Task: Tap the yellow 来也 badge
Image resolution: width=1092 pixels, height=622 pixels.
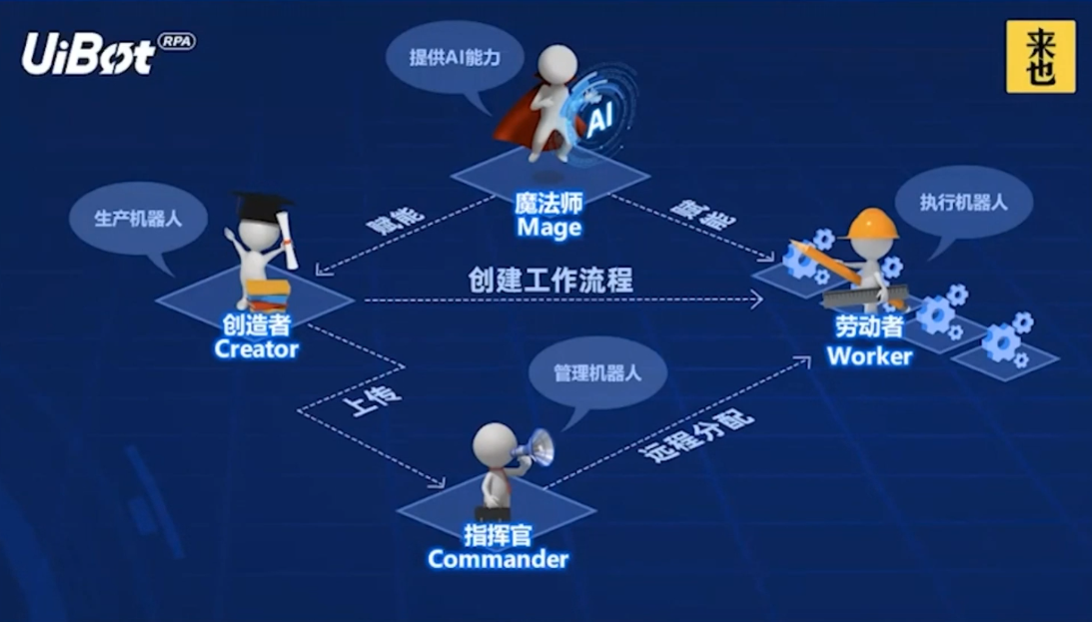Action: (x=1040, y=57)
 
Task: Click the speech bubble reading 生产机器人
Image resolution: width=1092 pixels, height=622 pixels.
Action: (x=138, y=218)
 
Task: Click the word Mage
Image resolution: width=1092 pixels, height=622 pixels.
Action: (x=548, y=228)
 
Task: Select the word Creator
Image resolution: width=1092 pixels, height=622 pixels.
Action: (x=256, y=348)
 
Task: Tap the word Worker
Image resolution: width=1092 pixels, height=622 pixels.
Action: (x=869, y=355)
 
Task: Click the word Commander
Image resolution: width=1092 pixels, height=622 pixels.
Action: (x=498, y=558)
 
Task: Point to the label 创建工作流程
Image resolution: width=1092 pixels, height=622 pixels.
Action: (x=550, y=280)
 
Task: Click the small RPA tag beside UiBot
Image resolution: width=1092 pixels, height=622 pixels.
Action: (x=176, y=42)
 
